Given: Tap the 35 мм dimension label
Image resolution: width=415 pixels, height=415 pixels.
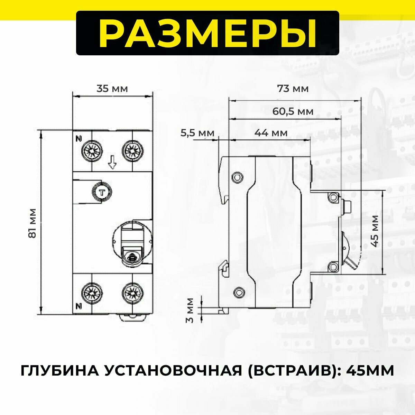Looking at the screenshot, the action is click(x=112, y=89).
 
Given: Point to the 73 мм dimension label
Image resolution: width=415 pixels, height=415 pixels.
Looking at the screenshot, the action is click(x=293, y=89).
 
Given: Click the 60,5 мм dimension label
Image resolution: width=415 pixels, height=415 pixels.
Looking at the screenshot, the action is click(x=293, y=112).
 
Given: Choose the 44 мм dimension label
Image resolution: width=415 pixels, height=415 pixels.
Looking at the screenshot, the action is click(x=271, y=133).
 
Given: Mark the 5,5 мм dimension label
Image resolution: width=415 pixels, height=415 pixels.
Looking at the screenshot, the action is click(x=197, y=133).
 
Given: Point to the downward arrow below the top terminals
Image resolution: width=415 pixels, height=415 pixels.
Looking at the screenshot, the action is click(x=112, y=162).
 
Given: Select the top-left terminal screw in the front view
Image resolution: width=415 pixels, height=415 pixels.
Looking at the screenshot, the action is click(x=92, y=150).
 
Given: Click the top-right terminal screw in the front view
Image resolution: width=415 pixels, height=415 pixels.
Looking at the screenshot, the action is click(x=132, y=150).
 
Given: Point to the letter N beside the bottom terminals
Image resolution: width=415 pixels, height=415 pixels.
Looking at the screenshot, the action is click(x=79, y=306).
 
